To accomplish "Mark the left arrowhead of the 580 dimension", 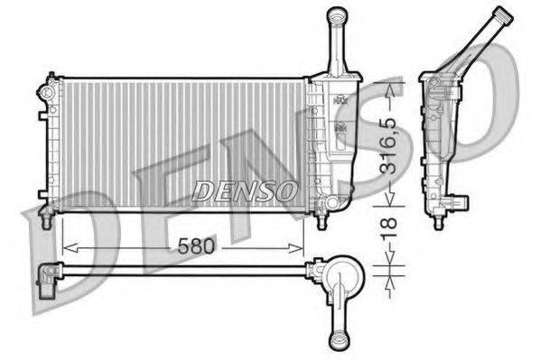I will [64, 246].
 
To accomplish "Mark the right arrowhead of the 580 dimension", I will [301, 246].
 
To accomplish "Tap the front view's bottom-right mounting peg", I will [320, 215].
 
